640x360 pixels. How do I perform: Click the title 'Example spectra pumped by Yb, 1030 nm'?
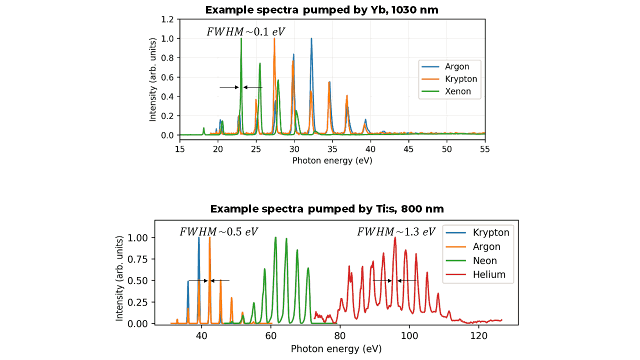(x=321, y=9)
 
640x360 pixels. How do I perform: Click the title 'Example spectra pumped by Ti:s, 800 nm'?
(x=326, y=208)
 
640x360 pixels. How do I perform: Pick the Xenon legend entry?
(x=458, y=91)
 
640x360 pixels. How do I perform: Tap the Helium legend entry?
(x=489, y=274)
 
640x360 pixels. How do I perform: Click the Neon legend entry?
(x=484, y=260)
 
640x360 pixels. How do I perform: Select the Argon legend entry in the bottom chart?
(x=486, y=246)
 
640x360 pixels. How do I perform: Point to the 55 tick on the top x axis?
(x=484, y=149)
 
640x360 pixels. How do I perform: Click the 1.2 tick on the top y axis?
(x=167, y=19)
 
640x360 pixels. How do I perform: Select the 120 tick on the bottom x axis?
(x=478, y=335)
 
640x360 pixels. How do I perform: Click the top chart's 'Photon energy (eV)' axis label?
(x=332, y=160)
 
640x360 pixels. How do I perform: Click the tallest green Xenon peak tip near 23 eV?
(x=241, y=39)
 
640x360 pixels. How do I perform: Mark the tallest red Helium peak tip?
(x=395, y=238)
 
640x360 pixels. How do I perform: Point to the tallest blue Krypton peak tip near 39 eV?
(x=198, y=238)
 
